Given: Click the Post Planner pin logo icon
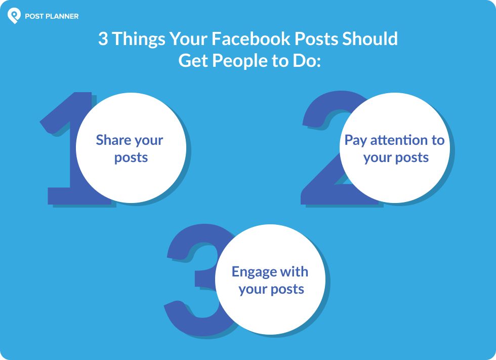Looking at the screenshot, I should click(14, 16).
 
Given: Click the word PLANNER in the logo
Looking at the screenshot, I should click(62, 16).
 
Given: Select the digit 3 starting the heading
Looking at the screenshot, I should click(103, 39).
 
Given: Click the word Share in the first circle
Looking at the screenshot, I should click(111, 140).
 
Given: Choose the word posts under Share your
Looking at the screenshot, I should click(131, 158).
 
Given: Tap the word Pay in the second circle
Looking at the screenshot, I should click(356, 141).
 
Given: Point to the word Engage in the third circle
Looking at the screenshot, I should click(255, 272).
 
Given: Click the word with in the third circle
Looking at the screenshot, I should click(294, 272).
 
